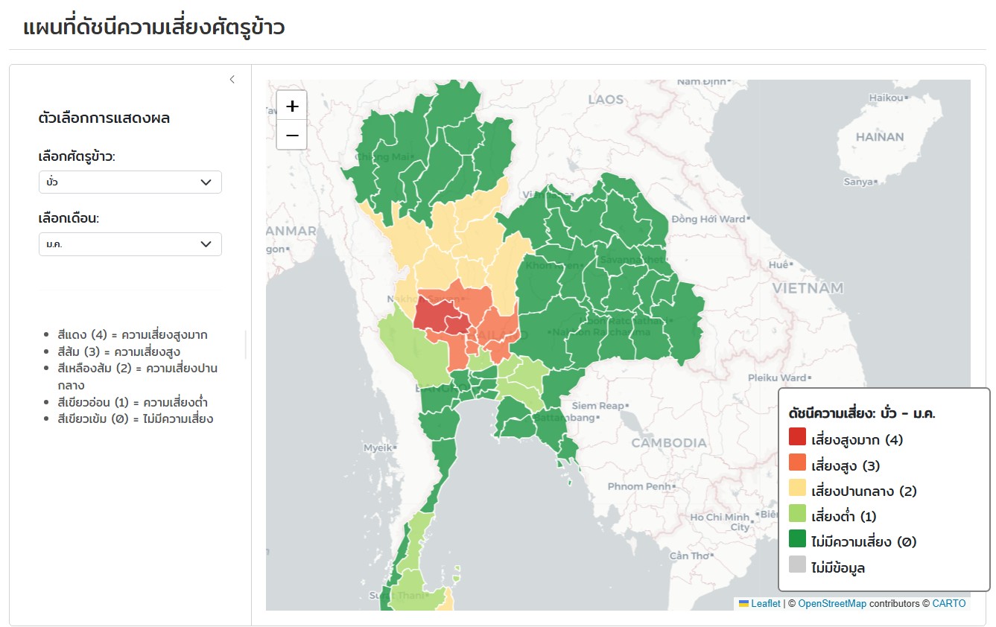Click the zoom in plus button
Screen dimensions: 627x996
(291, 105)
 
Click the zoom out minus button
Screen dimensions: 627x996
(291, 135)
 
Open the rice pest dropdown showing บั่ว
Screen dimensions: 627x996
(130, 182)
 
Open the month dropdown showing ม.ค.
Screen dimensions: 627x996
(130, 244)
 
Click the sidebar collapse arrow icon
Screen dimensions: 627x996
(232, 80)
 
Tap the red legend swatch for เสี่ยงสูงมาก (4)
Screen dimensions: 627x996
(797, 439)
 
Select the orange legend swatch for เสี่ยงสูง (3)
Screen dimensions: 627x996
(797, 465)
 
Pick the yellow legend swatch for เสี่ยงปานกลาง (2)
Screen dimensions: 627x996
(797, 491)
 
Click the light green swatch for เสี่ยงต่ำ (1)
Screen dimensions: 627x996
(797, 516)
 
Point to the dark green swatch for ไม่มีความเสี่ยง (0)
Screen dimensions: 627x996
(797, 541)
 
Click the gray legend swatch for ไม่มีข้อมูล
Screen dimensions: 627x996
(797, 567)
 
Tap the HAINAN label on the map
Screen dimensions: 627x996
(880, 137)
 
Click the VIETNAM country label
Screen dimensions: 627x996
(808, 288)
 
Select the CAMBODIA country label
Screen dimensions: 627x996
(669, 443)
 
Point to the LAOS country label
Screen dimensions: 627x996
(606, 100)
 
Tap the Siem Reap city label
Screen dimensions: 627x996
(597, 406)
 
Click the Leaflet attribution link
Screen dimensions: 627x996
(765, 604)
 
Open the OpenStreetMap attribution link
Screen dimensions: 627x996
(832, 604)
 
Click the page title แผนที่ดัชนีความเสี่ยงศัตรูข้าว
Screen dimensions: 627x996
(154, 28)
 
